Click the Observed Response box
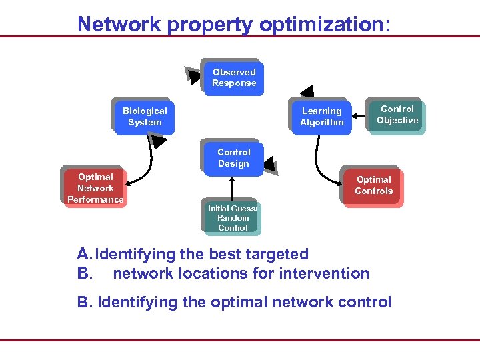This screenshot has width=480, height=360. pyautogui.click(x=233, y=77)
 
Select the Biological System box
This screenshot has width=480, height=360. pyautogui.click(x=145, y=117)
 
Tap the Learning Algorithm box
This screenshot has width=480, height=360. pyautogui.click(x=321, y=117)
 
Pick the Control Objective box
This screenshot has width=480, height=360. pyautogui.click(x=397, y=115)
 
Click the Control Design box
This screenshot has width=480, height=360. pyautogui.click(x=233, y=158)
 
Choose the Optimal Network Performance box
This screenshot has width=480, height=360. pyautogui.click(x=95, y=188)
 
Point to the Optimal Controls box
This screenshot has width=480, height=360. pyautogui.click(x=373, y=185)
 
